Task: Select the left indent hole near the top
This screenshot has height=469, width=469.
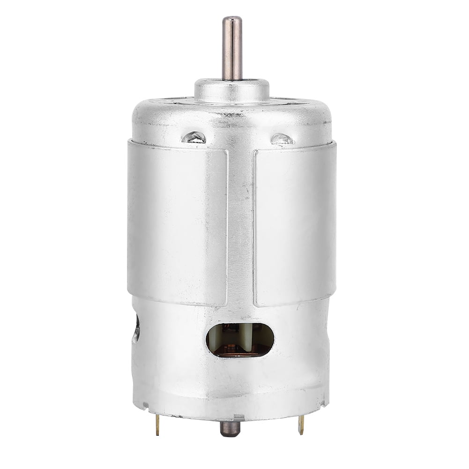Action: tap(194, 137)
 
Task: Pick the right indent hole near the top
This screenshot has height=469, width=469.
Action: tap(282, 139)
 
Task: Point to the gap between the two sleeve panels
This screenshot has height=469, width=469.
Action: tap(241, 225)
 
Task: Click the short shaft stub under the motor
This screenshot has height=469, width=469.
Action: tap(230, 428)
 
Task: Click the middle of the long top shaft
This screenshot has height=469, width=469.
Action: tap(232, 49)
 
